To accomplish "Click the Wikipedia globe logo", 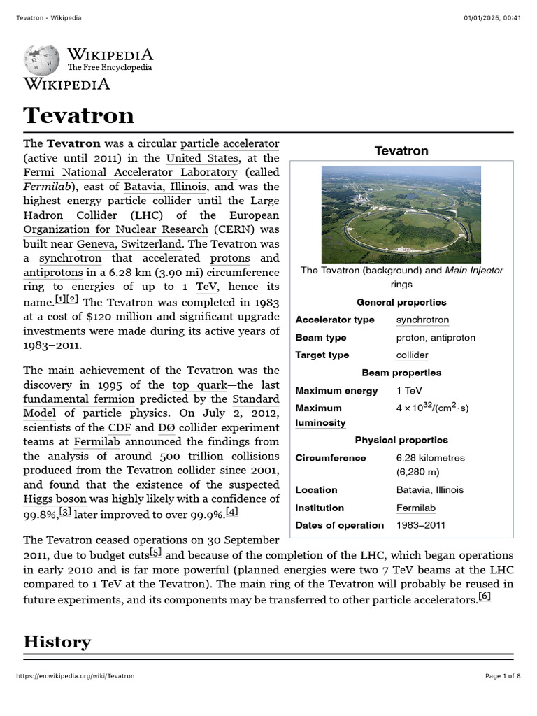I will click(x=42, y=61).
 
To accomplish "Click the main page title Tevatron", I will click(x=78, y=115).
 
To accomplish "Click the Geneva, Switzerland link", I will click(x=129, y=244).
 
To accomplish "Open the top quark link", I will click(x=199, y=385).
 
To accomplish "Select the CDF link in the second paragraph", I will click(x=119, y=427).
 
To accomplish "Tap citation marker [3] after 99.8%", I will click(x=65, y=512).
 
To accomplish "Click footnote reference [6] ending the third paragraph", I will click(x=485, y=596).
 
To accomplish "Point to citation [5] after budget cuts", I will click(x=155, y=552).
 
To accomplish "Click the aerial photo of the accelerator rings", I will click(x=401, y=214).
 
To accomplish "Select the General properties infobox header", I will click(x=401, y=302).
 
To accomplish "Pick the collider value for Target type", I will click(x=412, y=355).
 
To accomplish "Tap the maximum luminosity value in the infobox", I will click(x=432, y=408).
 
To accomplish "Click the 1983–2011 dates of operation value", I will click(x=420, y=525).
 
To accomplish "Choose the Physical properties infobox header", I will click(x=401, y=440).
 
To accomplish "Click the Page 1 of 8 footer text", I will click(x=503, y=676).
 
